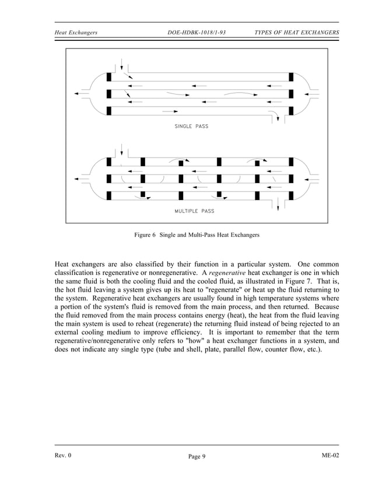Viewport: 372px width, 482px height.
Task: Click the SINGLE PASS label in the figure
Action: (x=191, y=126)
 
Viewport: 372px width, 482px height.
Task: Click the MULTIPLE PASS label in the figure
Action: (x=195, y=211)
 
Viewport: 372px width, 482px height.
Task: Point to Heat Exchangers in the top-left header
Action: (x=75, y=32)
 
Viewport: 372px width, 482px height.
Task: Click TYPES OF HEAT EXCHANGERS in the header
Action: (x=297, y=32)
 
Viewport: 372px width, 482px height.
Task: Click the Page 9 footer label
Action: (x=194, y=456)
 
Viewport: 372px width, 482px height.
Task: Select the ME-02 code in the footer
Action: (x=329, y=454)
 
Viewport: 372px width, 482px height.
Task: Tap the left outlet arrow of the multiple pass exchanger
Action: (x=76, y=178)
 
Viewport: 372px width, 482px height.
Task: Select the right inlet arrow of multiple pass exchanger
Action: (x=312, y=178)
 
